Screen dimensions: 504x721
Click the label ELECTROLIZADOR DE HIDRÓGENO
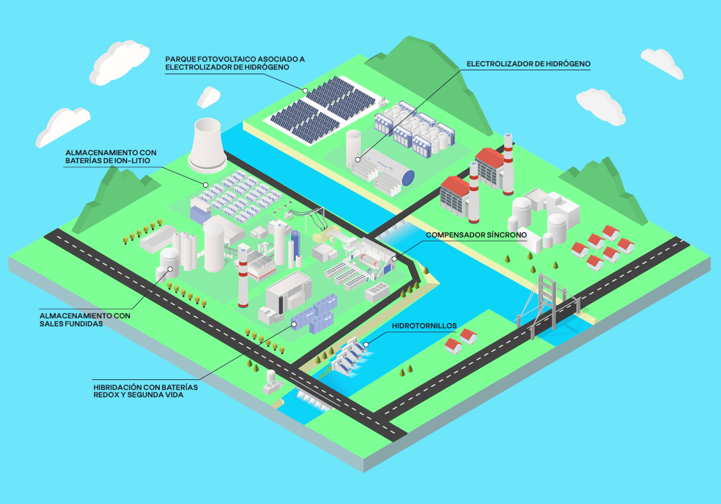[528, 64]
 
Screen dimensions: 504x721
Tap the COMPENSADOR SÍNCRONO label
[476, 235]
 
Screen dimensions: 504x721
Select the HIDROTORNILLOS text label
[424, 327]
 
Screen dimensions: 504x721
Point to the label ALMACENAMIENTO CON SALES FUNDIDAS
[85, 320]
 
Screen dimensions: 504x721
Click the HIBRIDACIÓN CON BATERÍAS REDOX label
[145, 390]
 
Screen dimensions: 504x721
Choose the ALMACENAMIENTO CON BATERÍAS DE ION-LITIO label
[111, 156]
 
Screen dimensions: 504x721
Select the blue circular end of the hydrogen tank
[409, 177]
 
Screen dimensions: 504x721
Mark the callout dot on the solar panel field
[306, 90]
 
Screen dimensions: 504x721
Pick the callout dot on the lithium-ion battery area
[206, 185]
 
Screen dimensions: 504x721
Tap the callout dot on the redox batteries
[294, 324]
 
